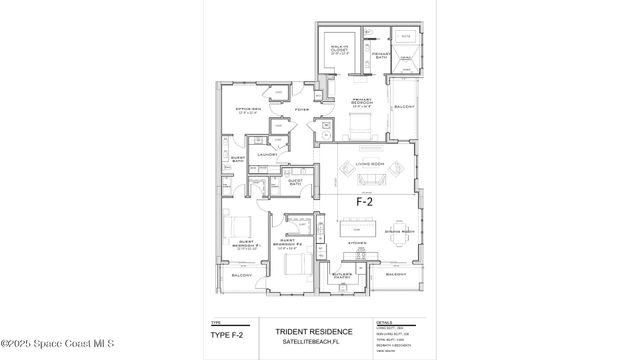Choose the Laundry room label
pyautogui.click(x=266, y=155)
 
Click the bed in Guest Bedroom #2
pyautogui.click(x=294, y=265)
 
